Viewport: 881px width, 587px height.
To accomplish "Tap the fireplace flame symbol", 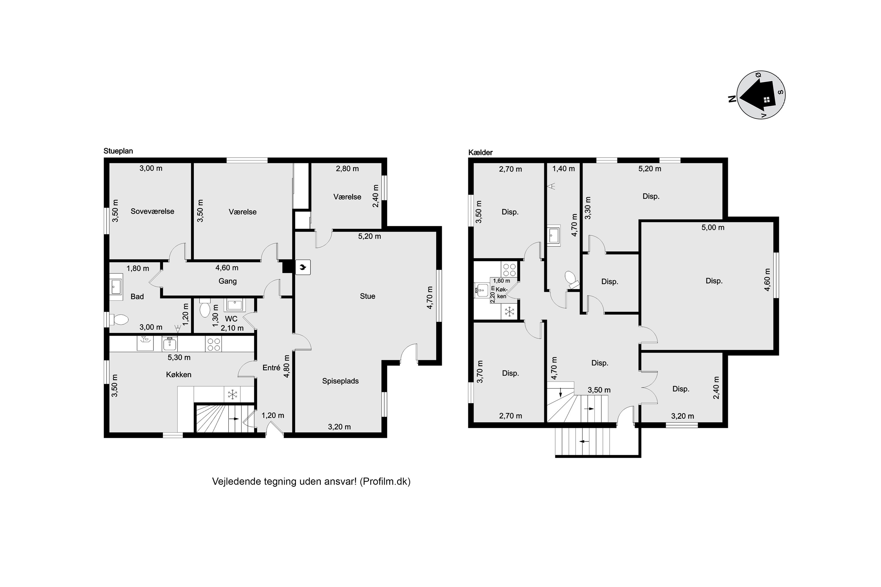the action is click(303, 267).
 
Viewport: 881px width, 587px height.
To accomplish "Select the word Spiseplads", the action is click(340, 381).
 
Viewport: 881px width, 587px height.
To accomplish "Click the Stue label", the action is click(367, 296).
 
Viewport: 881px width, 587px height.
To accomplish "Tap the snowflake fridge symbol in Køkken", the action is click(233, 394).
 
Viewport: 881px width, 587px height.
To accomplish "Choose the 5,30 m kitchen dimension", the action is click(179, 357).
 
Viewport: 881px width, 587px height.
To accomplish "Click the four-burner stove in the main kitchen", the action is click(213, 344).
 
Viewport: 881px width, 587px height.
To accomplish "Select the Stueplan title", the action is click(118, 151).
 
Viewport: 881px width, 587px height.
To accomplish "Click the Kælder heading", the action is click(480, 153).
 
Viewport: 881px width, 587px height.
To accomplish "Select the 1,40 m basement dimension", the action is click(563, 169).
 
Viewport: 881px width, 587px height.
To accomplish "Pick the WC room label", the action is click(231, 319).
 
